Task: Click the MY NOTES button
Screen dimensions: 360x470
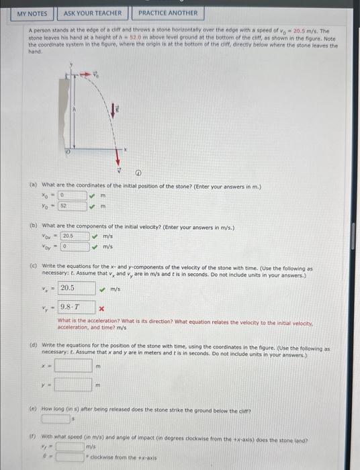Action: pyautogui.click(x=32, y=13)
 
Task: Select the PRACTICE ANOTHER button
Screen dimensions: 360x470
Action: pyautogui.click(x=168, y=13)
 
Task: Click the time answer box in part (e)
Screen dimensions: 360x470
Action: pyautogui.click(x=55, y=418)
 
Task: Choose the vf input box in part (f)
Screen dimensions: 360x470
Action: pyautogui.click(x=69, y=446)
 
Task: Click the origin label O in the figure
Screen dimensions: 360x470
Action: pyautogui.click(x=67, y=152)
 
